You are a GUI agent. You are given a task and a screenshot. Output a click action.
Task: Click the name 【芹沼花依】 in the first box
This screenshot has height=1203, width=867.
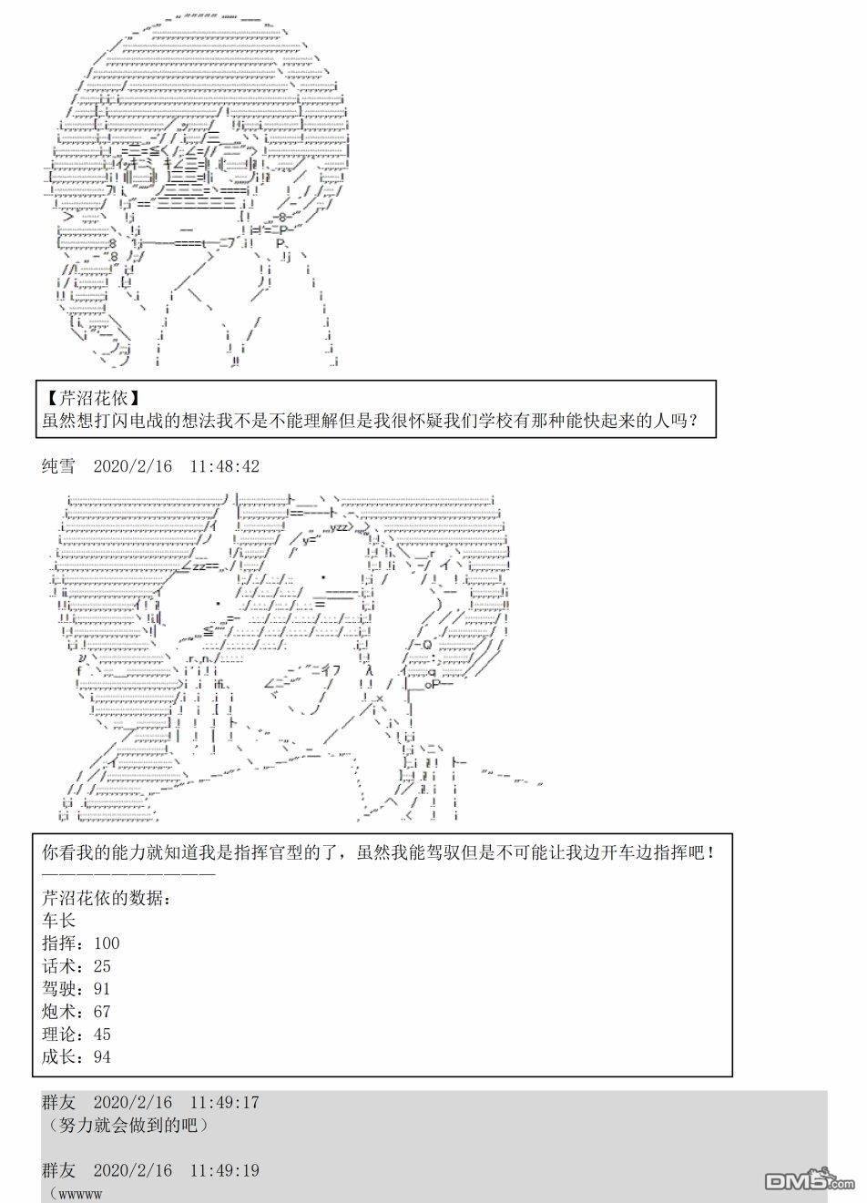pyautogui.click(x=91, y=398)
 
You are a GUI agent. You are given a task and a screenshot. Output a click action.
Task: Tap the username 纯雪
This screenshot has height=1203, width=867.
pyautogui.click(x=58, y=465)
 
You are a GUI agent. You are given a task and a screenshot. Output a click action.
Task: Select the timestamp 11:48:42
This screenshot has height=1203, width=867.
pyautogui.click(x=225, y=466)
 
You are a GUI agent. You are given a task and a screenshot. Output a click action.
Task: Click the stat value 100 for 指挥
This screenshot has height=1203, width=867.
pyautogui.click(x=107, y=943)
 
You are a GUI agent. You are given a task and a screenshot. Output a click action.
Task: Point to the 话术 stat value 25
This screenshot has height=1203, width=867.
pyautogui.click(x=102, y=966)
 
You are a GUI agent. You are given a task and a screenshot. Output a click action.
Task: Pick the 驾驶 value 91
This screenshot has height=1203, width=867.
pyautogui.click(x=102, y=989)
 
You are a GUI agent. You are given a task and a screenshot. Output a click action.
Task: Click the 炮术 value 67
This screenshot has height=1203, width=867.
pyautogui.click(x=102, y=1012)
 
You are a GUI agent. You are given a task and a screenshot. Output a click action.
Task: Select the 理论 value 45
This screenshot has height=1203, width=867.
pyautogui.click(x=102, y=1035)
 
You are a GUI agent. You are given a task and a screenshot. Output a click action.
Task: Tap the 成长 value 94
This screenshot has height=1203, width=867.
pyautogui.click(x=102, y=1057)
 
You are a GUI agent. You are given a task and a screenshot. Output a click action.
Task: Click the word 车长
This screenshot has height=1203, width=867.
pyautogui.click(x=58, y=921)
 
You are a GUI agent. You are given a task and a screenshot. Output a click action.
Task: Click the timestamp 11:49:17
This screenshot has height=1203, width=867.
pyautogui.click(x=225, y=1103)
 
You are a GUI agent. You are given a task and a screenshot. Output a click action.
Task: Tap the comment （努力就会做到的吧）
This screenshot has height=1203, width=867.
pyautogui.click(x=127, y=1125)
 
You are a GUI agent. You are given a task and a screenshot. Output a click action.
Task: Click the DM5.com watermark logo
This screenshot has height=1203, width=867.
pyautogui.click(x=810, y=1180)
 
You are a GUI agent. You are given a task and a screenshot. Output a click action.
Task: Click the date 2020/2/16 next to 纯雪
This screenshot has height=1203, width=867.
pyautogui.click(x=133, y=466)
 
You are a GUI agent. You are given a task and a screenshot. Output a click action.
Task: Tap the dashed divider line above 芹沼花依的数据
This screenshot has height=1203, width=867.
pyautogui.click(x=129, y=874)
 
